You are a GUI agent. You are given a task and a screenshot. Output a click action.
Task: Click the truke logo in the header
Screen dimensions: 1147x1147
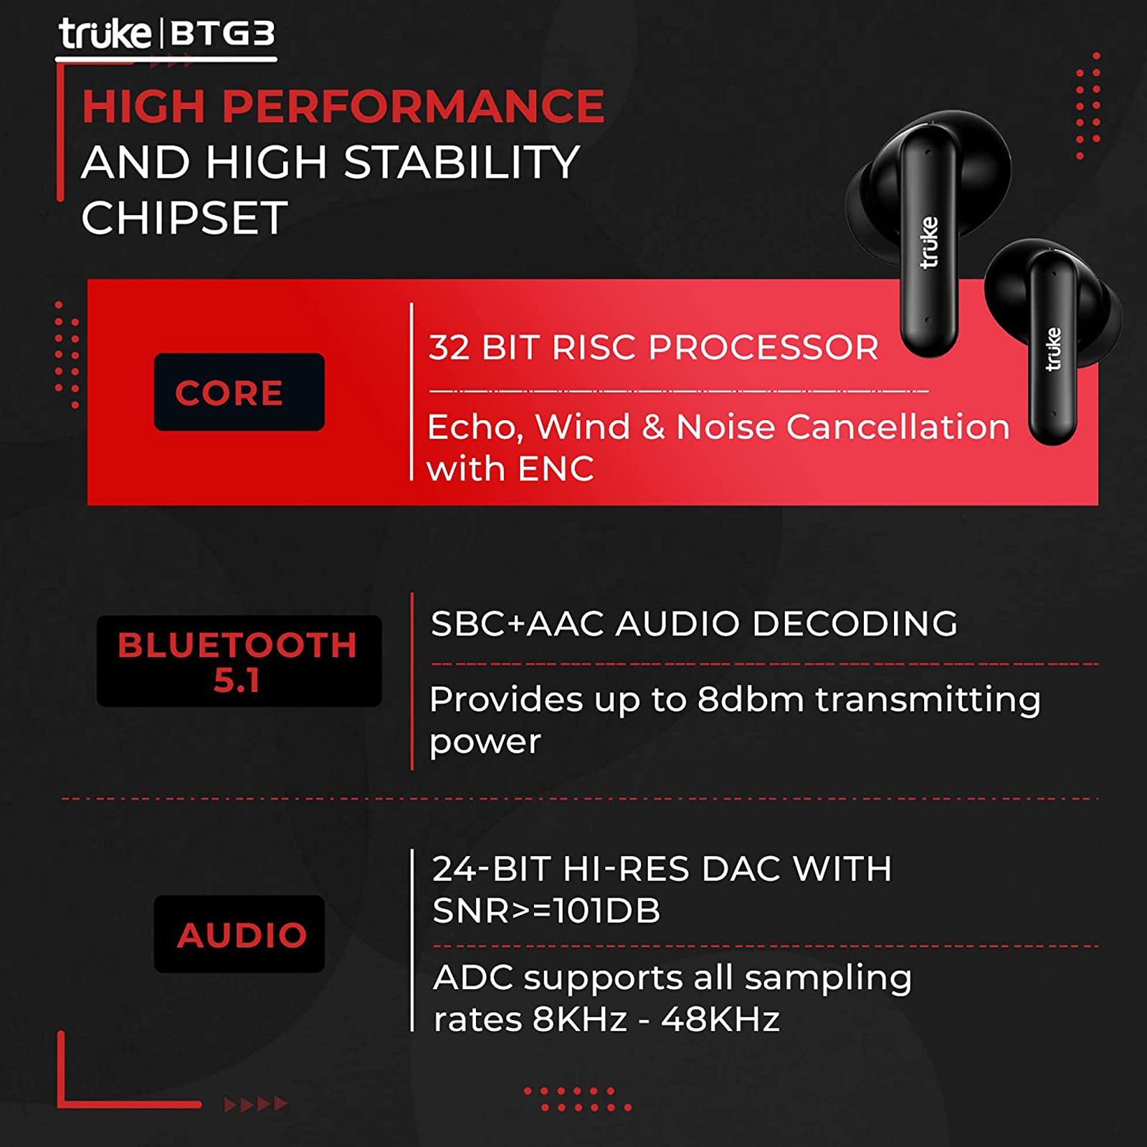pos(105,34)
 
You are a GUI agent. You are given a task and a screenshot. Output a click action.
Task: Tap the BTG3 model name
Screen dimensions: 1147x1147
pos(223,34)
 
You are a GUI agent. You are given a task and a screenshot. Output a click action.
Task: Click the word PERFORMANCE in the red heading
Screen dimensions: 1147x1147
pos(413,106)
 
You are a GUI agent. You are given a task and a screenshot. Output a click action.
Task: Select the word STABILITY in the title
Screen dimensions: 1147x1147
pos(462,162)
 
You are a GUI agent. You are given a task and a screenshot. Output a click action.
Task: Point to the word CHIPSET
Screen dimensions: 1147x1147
pos(184,217)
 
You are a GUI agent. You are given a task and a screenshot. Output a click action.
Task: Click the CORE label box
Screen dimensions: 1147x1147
pos(239,392)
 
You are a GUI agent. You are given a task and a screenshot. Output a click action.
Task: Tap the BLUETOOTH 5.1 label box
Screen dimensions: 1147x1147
pos(239,661)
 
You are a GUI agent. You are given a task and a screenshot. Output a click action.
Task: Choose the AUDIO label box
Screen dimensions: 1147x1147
pos(239,934)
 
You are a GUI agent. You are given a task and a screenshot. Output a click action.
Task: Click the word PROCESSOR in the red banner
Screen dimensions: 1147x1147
pos(763,348)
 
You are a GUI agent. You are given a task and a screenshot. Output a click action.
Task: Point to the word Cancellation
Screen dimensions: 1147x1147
pos(898,427)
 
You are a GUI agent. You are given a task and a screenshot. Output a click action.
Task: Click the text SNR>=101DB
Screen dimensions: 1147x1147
pos(546,911)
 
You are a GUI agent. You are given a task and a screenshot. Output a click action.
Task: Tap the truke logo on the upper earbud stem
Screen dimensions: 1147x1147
pos(929,242)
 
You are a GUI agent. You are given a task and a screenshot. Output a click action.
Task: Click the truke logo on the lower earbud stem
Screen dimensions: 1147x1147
pos(1053,348)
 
